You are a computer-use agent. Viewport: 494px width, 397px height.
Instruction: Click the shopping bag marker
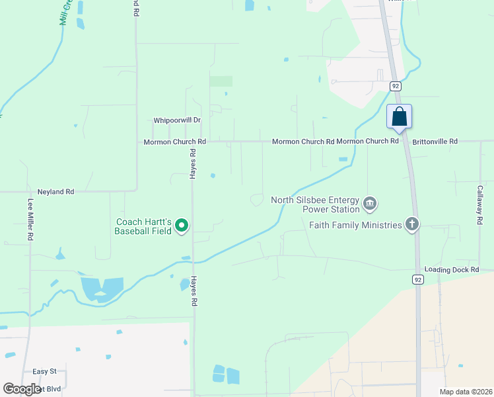(x=399, y=117)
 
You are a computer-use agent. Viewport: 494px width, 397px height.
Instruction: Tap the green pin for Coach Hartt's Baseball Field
(x=182, y=226)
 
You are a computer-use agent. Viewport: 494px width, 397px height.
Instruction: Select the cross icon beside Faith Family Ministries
(x=412, y=224)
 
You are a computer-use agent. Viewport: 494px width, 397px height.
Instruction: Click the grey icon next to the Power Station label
(x=370, y=203)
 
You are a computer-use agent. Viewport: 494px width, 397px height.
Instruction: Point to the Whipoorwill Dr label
(x=176, y=120)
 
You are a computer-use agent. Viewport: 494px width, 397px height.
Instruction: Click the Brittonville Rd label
(x=435, y=142)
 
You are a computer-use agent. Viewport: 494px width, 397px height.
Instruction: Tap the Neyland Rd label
(x=55, y=192)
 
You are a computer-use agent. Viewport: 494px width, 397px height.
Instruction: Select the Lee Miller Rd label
(x=30, y=219)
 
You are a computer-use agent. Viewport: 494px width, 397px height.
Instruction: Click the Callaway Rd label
(x=480, y=204)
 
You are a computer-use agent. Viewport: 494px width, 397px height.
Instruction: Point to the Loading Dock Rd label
(x=451, y=270)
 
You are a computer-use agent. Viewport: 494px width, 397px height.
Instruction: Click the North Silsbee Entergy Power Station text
(x=315, y=204)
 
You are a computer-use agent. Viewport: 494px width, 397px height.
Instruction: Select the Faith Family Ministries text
(x=355, y=225)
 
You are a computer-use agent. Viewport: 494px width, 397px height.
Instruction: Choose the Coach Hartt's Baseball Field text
(x=143, y=226)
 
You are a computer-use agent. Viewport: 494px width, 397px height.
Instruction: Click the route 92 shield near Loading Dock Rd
(x=418, y=279)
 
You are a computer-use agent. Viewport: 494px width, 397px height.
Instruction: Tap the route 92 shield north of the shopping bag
(x=395, y=86)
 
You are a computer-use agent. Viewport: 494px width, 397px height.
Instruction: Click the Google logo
(x=22, y=389)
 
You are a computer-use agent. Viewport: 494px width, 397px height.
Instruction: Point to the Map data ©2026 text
(x=466, y=392)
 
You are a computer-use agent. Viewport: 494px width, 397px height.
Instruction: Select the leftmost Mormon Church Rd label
(x=175, y=142)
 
